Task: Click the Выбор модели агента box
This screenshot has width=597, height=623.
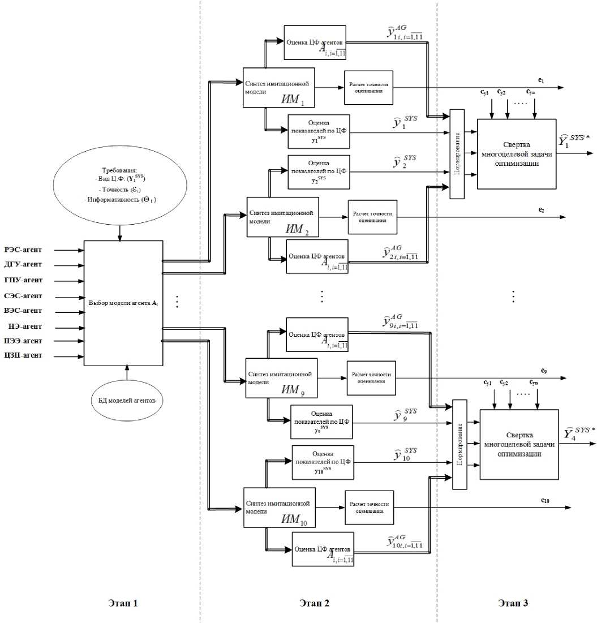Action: pyautogui.click(x=123, y=303)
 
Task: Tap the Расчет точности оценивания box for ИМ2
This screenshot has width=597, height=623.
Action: pyautogui.click(x=371, y=217)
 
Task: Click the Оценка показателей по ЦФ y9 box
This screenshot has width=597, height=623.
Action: pyautogui.click(x=321, y=422)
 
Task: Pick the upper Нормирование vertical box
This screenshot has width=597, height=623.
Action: pyautogui.click(x=457, y=153)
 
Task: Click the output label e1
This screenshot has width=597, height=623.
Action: pyautogui.click(x=542, y=81)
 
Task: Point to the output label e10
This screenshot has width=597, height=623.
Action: pyautogui.click(x=545, y=500)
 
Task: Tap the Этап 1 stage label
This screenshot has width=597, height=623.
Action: pyautogui.click(x=123, y=603)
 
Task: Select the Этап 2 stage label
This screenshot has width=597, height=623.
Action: pyautogui.click(x=314, y=603)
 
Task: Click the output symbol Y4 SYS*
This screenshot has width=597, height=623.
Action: pyautogui.click(x=579, y=433)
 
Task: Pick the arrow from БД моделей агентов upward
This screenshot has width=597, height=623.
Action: pyautogui.click(x=127, y=374)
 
